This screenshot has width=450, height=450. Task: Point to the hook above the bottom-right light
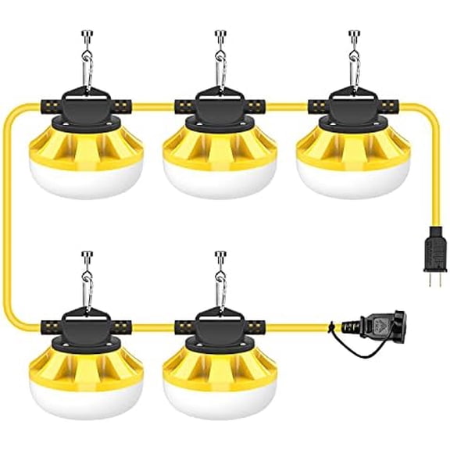point(220,258)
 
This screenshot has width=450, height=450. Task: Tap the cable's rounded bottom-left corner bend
point(14,316)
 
